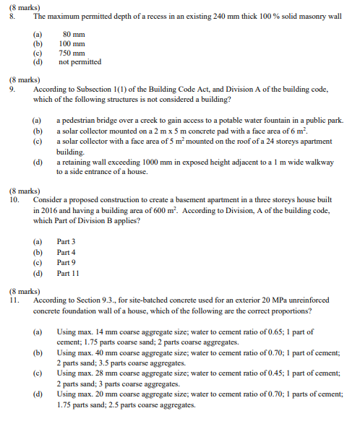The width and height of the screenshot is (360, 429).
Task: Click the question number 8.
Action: tap(12, 15)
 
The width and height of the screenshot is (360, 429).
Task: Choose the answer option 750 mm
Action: tap(72, 53)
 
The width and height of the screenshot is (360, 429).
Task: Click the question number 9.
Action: tap(12, 90)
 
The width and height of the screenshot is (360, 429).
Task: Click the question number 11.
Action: tap(14, 300)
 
